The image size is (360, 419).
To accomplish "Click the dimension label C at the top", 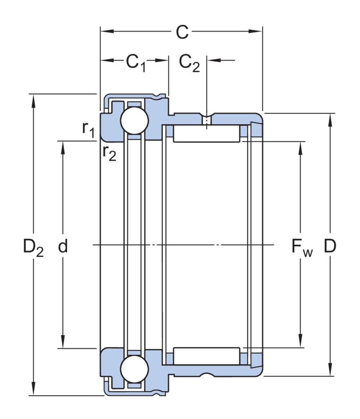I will pyautogui.click(x=182, y=32).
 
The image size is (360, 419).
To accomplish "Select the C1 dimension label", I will pyautogui.click(x=135, y=62).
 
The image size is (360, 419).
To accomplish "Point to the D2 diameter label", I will pyautogui.click(x=33, y=247).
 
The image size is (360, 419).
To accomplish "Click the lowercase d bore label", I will pyautogui.click(x=62, y=246).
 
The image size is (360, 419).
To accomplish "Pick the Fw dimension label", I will pyautogui.click(x=302, y=247).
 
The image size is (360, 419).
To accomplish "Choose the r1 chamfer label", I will pyautogui.click(x=88, y=129).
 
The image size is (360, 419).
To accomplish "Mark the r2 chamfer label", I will pyautogui.click(x=109, y=153).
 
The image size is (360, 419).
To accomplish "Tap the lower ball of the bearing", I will pyautogui.click(x=134, y=369).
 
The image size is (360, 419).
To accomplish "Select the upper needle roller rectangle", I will pyautogui.click(x=207, y=134).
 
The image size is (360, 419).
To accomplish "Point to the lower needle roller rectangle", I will pyautogui.click(x=207, y=356).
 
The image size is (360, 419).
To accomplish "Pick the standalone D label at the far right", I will pyautogui.click(x=330, y=246).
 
